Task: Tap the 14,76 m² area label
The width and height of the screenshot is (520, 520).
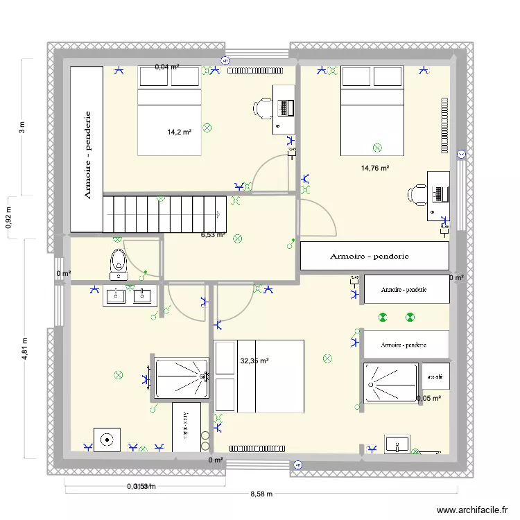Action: point(374,168)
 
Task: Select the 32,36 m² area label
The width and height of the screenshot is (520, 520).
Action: point(254,361)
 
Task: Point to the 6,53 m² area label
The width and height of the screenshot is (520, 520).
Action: point(214,235)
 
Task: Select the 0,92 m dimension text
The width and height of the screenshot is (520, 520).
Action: point(8,218)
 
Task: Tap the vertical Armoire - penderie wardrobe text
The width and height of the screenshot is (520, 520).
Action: point(87,154)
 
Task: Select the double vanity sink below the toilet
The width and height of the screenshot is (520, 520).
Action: point(127,296)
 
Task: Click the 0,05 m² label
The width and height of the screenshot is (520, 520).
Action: point(428,399)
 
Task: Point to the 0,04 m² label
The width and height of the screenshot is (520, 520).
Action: point(167,67)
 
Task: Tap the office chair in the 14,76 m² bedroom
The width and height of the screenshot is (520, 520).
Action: point(417,194)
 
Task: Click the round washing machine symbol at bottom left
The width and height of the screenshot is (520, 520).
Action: point(107,439)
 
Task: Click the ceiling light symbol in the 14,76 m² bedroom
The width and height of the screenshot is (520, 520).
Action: point(377,148)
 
